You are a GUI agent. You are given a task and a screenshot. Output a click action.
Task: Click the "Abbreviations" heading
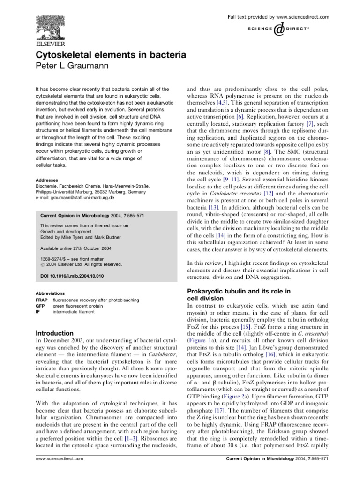click(51, 292)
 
